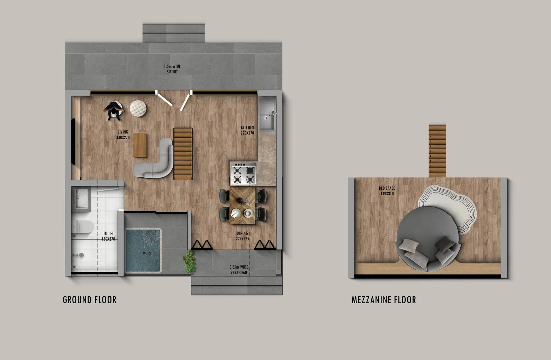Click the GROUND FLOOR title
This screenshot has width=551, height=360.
90,300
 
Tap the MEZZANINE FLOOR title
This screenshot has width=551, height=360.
383,300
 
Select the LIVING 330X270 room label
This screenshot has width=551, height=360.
123,135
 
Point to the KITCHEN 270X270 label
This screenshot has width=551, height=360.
247,130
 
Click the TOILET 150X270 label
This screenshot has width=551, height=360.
108,236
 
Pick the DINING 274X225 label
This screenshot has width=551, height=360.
242,236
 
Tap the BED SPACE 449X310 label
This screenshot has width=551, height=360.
387,191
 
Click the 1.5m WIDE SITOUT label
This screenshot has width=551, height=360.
172,69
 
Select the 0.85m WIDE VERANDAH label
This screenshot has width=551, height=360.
239,270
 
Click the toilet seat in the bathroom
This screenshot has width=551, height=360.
83,227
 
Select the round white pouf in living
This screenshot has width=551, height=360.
139,108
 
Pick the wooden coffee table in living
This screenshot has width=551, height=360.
140,144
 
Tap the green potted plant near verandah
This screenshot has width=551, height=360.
189,261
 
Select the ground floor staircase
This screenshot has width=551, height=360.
183,153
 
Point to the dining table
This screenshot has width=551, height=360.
243,205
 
